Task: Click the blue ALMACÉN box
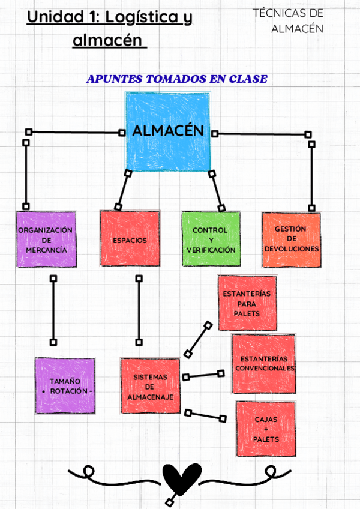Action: point(167,131)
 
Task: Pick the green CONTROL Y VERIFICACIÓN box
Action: point(210,239)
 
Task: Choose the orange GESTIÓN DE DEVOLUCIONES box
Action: point(291,239)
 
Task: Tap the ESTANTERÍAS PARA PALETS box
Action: point(247,304)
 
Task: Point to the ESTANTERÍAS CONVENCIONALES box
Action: point(264,364)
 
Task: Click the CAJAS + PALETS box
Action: point(266,430)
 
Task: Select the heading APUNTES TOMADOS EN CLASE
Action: point(177,79)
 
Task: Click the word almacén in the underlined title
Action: point(108,41)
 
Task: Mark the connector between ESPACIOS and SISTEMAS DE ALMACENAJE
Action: point(139,310)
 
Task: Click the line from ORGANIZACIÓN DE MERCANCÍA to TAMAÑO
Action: point(53,310)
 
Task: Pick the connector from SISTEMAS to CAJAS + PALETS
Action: point(206,415)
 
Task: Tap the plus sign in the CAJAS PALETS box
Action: point(266,430)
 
